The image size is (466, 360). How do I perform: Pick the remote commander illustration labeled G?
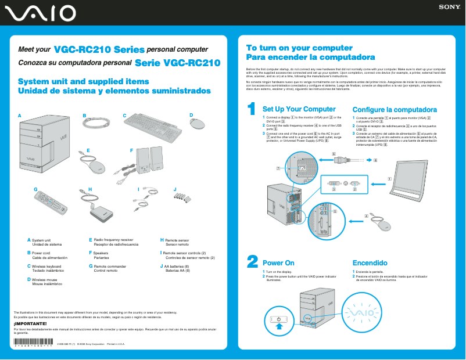(50, 203)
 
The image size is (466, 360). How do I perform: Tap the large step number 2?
(252, 262)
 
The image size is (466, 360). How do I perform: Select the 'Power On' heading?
(278, 263)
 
